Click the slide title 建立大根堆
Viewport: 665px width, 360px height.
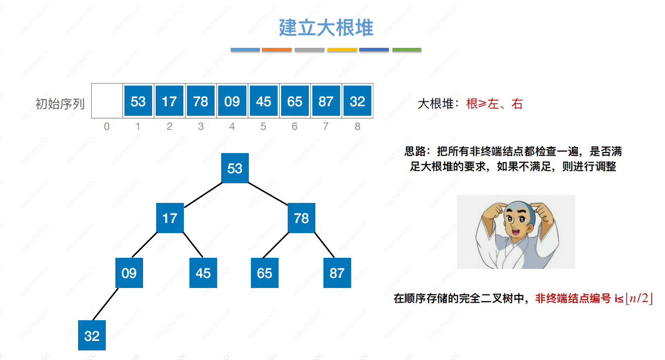[x=326, y=28]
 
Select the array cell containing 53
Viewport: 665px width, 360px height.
[x=138, y=101]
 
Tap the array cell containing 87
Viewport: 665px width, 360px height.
[x=326, y=101]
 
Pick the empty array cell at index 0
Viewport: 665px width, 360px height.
[x=107, y=101]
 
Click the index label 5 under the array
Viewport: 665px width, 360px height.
[x=263, y=126]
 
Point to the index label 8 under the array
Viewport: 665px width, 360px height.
[x=357, y=126]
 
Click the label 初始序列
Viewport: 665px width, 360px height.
[x=60, y=104]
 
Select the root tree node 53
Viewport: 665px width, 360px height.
[x=235, y=168]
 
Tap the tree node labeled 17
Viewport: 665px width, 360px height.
[x=170, y=218]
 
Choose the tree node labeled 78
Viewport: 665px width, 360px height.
[x=301, y=218]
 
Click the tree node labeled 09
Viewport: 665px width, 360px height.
[x=129, y=273]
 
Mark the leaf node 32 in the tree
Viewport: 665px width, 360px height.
[x=92, y=335]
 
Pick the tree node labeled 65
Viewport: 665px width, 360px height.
[x=264, y=273]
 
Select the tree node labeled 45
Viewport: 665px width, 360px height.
[x=203, y=273]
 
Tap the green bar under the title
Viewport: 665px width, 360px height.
[x=407, y=50]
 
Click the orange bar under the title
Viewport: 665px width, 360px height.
[x=277, y=50]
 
